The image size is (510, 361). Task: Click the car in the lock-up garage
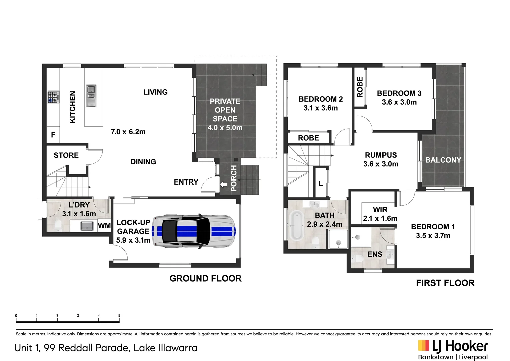(x=194, y=231)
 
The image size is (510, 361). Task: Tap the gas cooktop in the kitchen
(x=54, y=97)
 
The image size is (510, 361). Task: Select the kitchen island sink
(x=91, y=96)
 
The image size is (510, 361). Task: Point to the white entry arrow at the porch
(x=223, y=184)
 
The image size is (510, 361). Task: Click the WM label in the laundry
(x=104, y=226)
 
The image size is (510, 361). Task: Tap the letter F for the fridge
(x=53, y=135)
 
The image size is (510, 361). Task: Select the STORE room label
(x=66, y=155)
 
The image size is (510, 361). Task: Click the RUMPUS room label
(x=381, y=155)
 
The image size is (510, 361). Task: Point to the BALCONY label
(x=443, y=160)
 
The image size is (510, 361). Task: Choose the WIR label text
(x=380, y=209)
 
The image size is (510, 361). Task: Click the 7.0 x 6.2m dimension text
(x=128, y=132)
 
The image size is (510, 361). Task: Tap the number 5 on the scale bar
(x=119, y=316)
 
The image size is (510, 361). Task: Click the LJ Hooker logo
(x=453, y=350)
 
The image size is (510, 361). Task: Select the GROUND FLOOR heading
(x=205, y=279)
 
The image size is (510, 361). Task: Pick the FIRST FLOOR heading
(x=445, y=283)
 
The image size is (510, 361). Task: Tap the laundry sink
(x=87, y=226)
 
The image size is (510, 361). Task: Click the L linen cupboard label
(x=321, y=184)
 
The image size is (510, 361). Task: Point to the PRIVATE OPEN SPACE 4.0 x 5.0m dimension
(x=225, y=128)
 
